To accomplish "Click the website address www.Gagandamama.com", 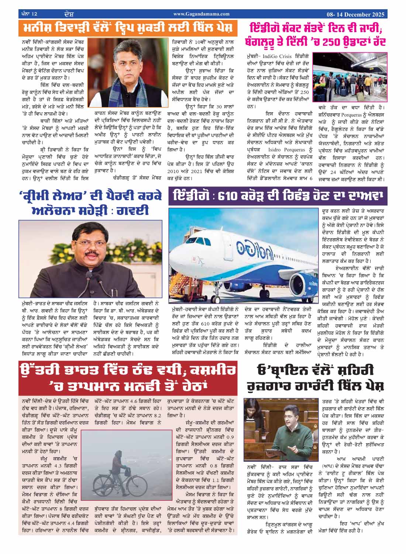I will click(x=201, y=14).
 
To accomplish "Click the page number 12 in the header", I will click(x=34, y=14).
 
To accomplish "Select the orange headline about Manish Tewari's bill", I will click(x=127, y=28).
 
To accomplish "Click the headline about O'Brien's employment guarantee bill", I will click(x=316, y=378).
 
